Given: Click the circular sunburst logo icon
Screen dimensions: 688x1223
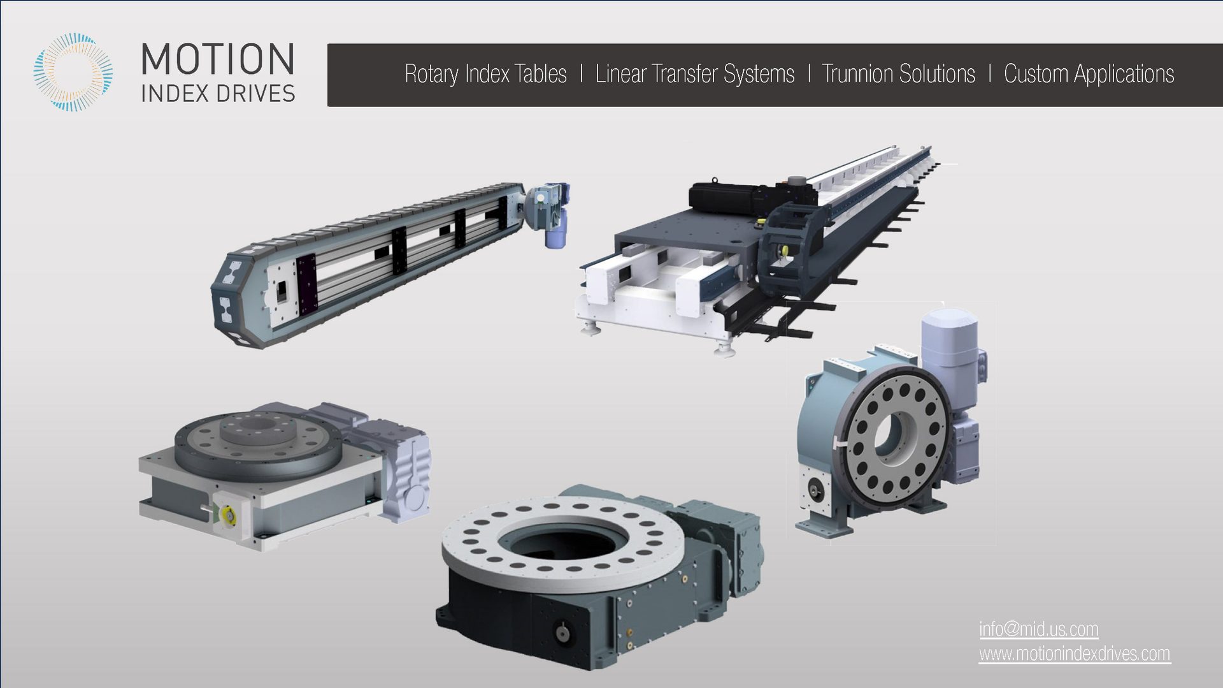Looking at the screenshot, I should click(x=73, y=73).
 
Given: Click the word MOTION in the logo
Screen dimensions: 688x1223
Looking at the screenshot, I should click(x=217, y=59).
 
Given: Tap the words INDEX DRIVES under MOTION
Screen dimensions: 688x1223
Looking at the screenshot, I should click(x=217, y=94).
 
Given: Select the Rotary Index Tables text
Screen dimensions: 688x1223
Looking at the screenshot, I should click(x=485, y=74).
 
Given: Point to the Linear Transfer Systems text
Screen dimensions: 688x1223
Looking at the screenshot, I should click(x=694, y=74).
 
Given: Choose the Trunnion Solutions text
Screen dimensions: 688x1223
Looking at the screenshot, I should click(x=898, y=74).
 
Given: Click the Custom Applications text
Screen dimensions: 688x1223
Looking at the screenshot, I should click(x=1089, y=74).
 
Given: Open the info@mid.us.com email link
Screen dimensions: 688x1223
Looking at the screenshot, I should click(x=1038, y=629).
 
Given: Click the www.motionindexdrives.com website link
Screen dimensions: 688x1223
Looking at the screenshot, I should click(x=1074, y=654).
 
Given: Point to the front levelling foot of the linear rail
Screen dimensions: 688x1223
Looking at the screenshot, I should click(x=723, y=350).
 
